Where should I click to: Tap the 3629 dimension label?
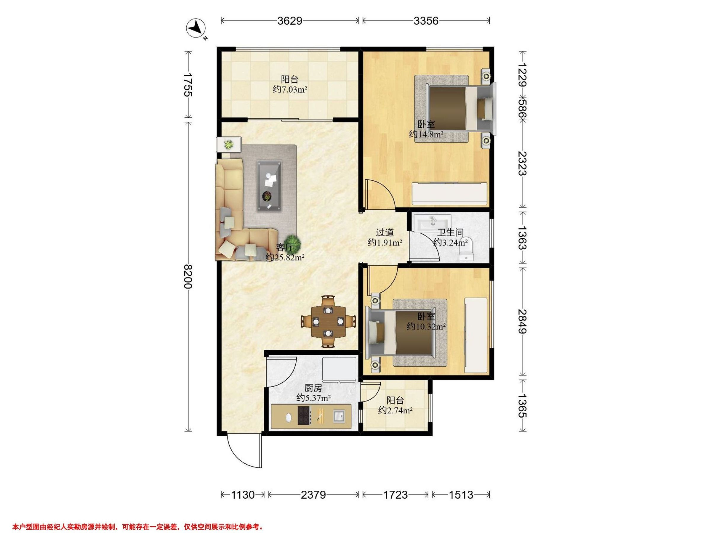point(290,21)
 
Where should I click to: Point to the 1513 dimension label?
point(461,495)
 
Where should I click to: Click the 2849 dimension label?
point(522,321)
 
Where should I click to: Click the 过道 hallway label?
point(385,232)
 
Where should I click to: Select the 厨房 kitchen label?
point(313,388)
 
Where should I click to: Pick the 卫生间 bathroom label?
point(450,232)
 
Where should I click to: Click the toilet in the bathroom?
point(467,249)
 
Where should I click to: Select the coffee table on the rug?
point(270,186)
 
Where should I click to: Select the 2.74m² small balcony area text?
point(395,410)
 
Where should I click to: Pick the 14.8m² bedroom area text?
point(427,134)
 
